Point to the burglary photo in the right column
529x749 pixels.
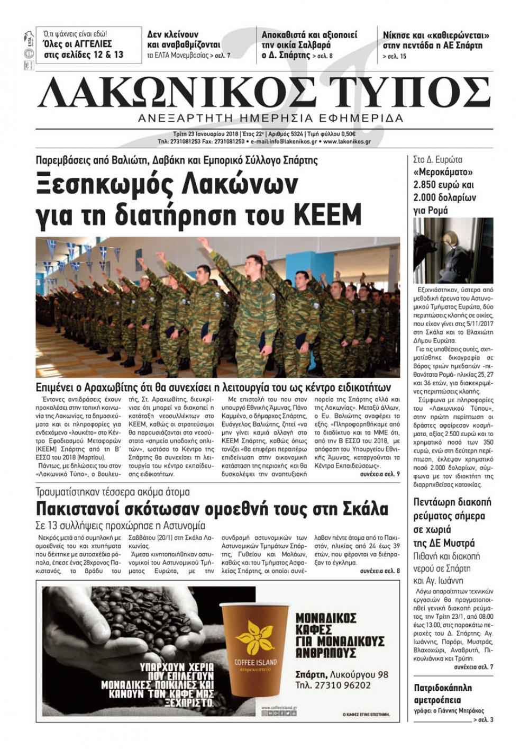[x=453, y=250]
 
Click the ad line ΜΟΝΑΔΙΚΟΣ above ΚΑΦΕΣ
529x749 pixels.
[x=326, y=618]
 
